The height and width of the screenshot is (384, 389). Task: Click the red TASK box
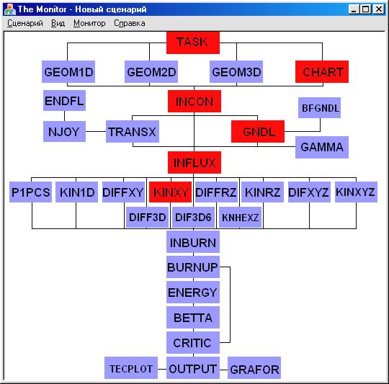(193, 43)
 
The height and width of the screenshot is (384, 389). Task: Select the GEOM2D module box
(151, 72)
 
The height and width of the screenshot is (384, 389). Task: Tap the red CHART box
(322, 72)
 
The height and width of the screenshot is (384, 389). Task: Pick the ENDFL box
(64, 100)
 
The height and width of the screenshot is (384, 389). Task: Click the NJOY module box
(64, 131)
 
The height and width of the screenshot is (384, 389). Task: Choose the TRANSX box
(133, 131)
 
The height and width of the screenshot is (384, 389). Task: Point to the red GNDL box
(258, 131)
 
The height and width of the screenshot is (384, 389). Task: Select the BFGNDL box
(319, 107)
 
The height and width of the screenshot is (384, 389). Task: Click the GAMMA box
(322, 147)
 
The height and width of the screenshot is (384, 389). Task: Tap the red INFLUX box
(194, 163)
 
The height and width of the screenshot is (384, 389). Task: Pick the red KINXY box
(170, 192)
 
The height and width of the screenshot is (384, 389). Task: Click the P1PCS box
(30, 192)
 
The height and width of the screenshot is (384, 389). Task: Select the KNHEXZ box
(240, 218)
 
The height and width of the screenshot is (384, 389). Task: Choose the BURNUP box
(193, 267)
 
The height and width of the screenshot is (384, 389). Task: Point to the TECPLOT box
(130, 368)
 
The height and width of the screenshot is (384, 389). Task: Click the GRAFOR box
(254, 368)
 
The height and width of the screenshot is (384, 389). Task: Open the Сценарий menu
(24, 23)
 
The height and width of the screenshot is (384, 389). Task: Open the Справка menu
(130, 23)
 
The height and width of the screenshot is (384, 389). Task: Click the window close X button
(379, 9)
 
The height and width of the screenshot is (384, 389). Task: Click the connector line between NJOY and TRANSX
(96, 131)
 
